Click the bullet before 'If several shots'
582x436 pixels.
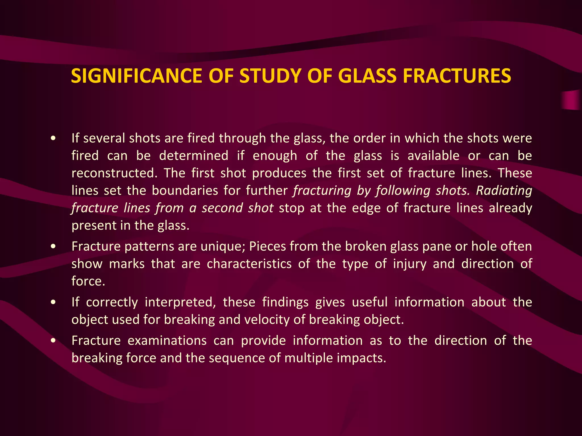click(x=53, y=139)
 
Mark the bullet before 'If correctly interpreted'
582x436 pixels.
click(x=53, y=303)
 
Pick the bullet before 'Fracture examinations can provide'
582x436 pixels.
click(x=53, y=341)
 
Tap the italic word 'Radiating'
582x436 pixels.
click(x=504, y=190)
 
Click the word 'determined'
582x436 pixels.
click(x=194, y=156)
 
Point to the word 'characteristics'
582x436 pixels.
click(x=249, y=264)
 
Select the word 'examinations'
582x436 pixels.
click(x=167, y=341)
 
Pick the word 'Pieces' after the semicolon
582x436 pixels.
click(x=267, y=246)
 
